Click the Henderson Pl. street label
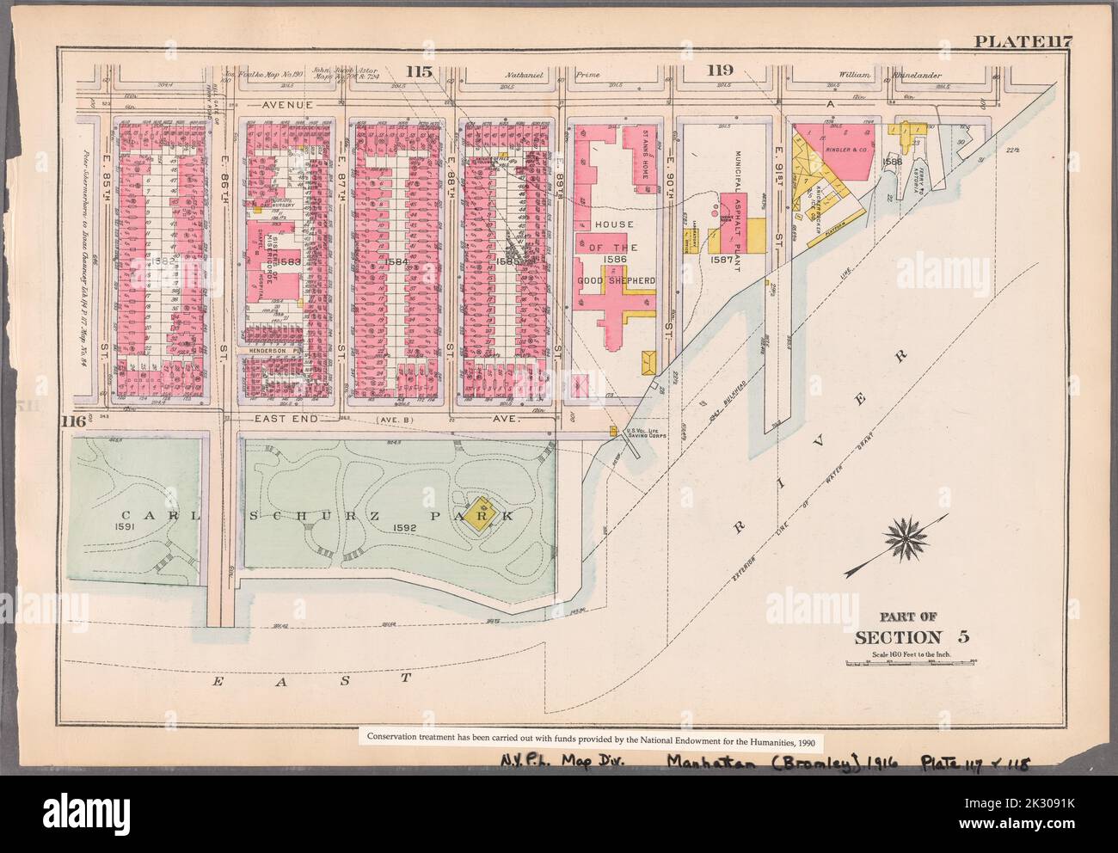pos(272,351)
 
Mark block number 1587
pos(722,258)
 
